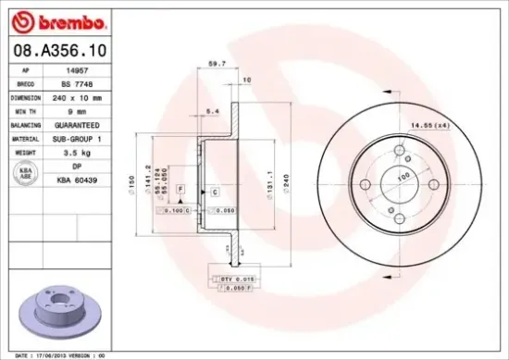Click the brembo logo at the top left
[x=56, y=20]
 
